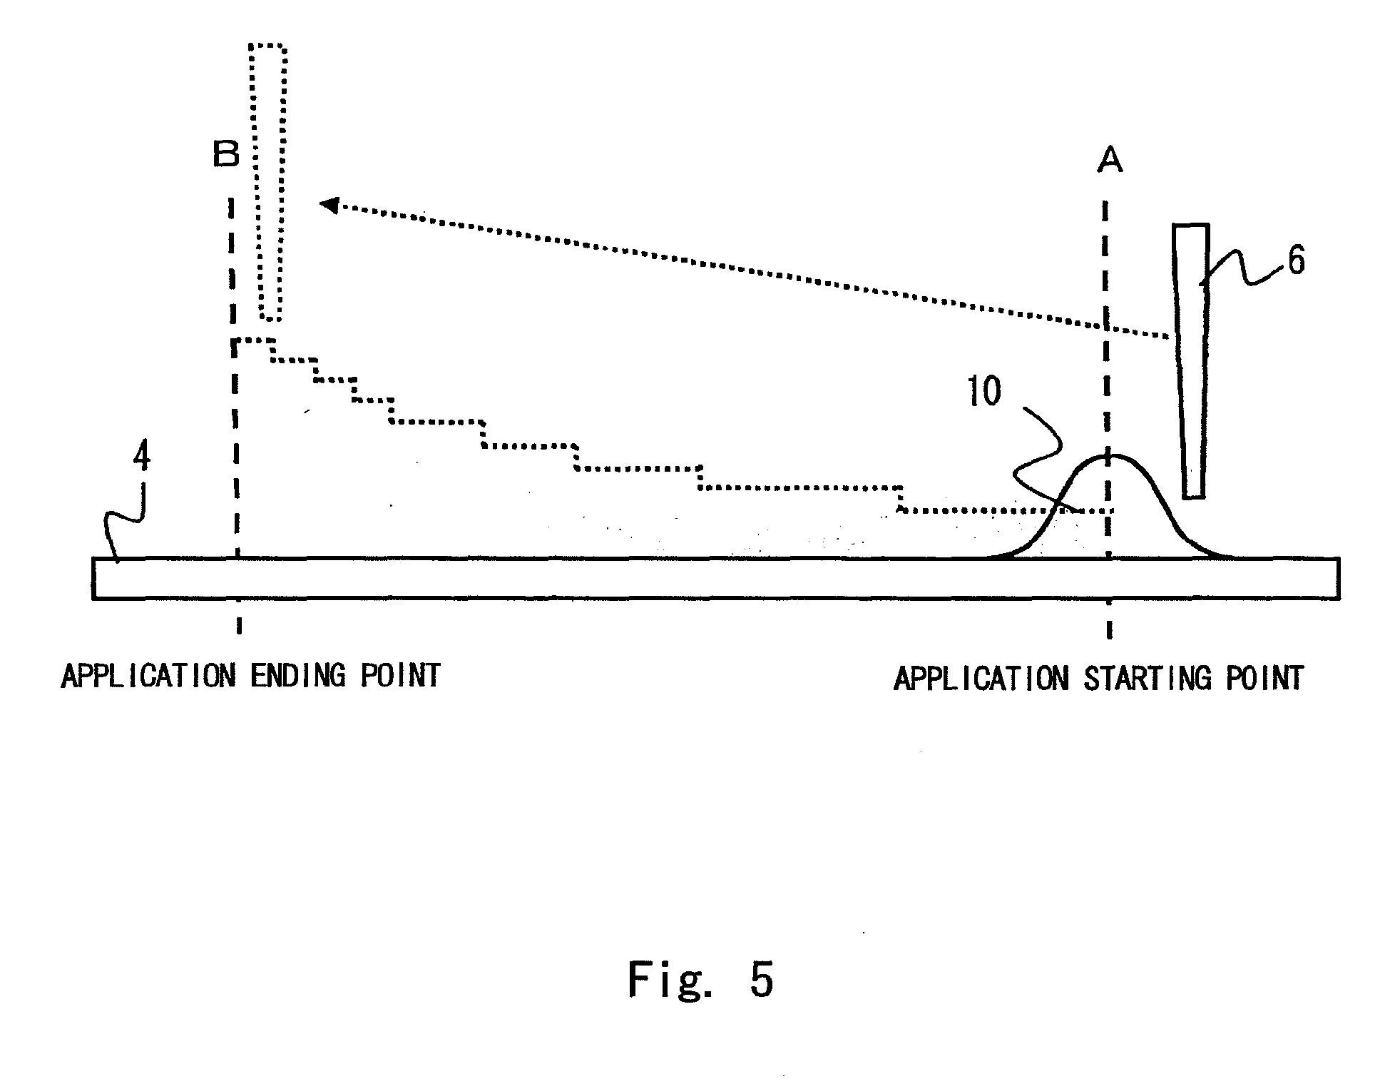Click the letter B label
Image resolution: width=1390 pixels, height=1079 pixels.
point(226,153)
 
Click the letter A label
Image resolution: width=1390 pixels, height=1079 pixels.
point(1110,161)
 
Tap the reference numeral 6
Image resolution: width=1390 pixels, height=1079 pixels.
point(1295,262)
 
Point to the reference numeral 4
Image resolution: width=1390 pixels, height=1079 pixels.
point(142,457)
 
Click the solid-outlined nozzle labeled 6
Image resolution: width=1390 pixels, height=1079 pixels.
point(1192,357)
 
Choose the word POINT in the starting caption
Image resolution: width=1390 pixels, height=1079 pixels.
point(1265,679)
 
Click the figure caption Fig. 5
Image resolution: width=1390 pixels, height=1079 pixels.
point(700,979)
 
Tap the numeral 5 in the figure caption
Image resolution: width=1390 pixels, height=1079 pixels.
point(762,979)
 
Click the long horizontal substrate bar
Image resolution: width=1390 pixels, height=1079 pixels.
point(713,578)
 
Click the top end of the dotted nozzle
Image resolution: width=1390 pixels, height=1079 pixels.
point(268,47)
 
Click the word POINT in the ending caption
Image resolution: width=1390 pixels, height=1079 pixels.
point(399,676)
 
